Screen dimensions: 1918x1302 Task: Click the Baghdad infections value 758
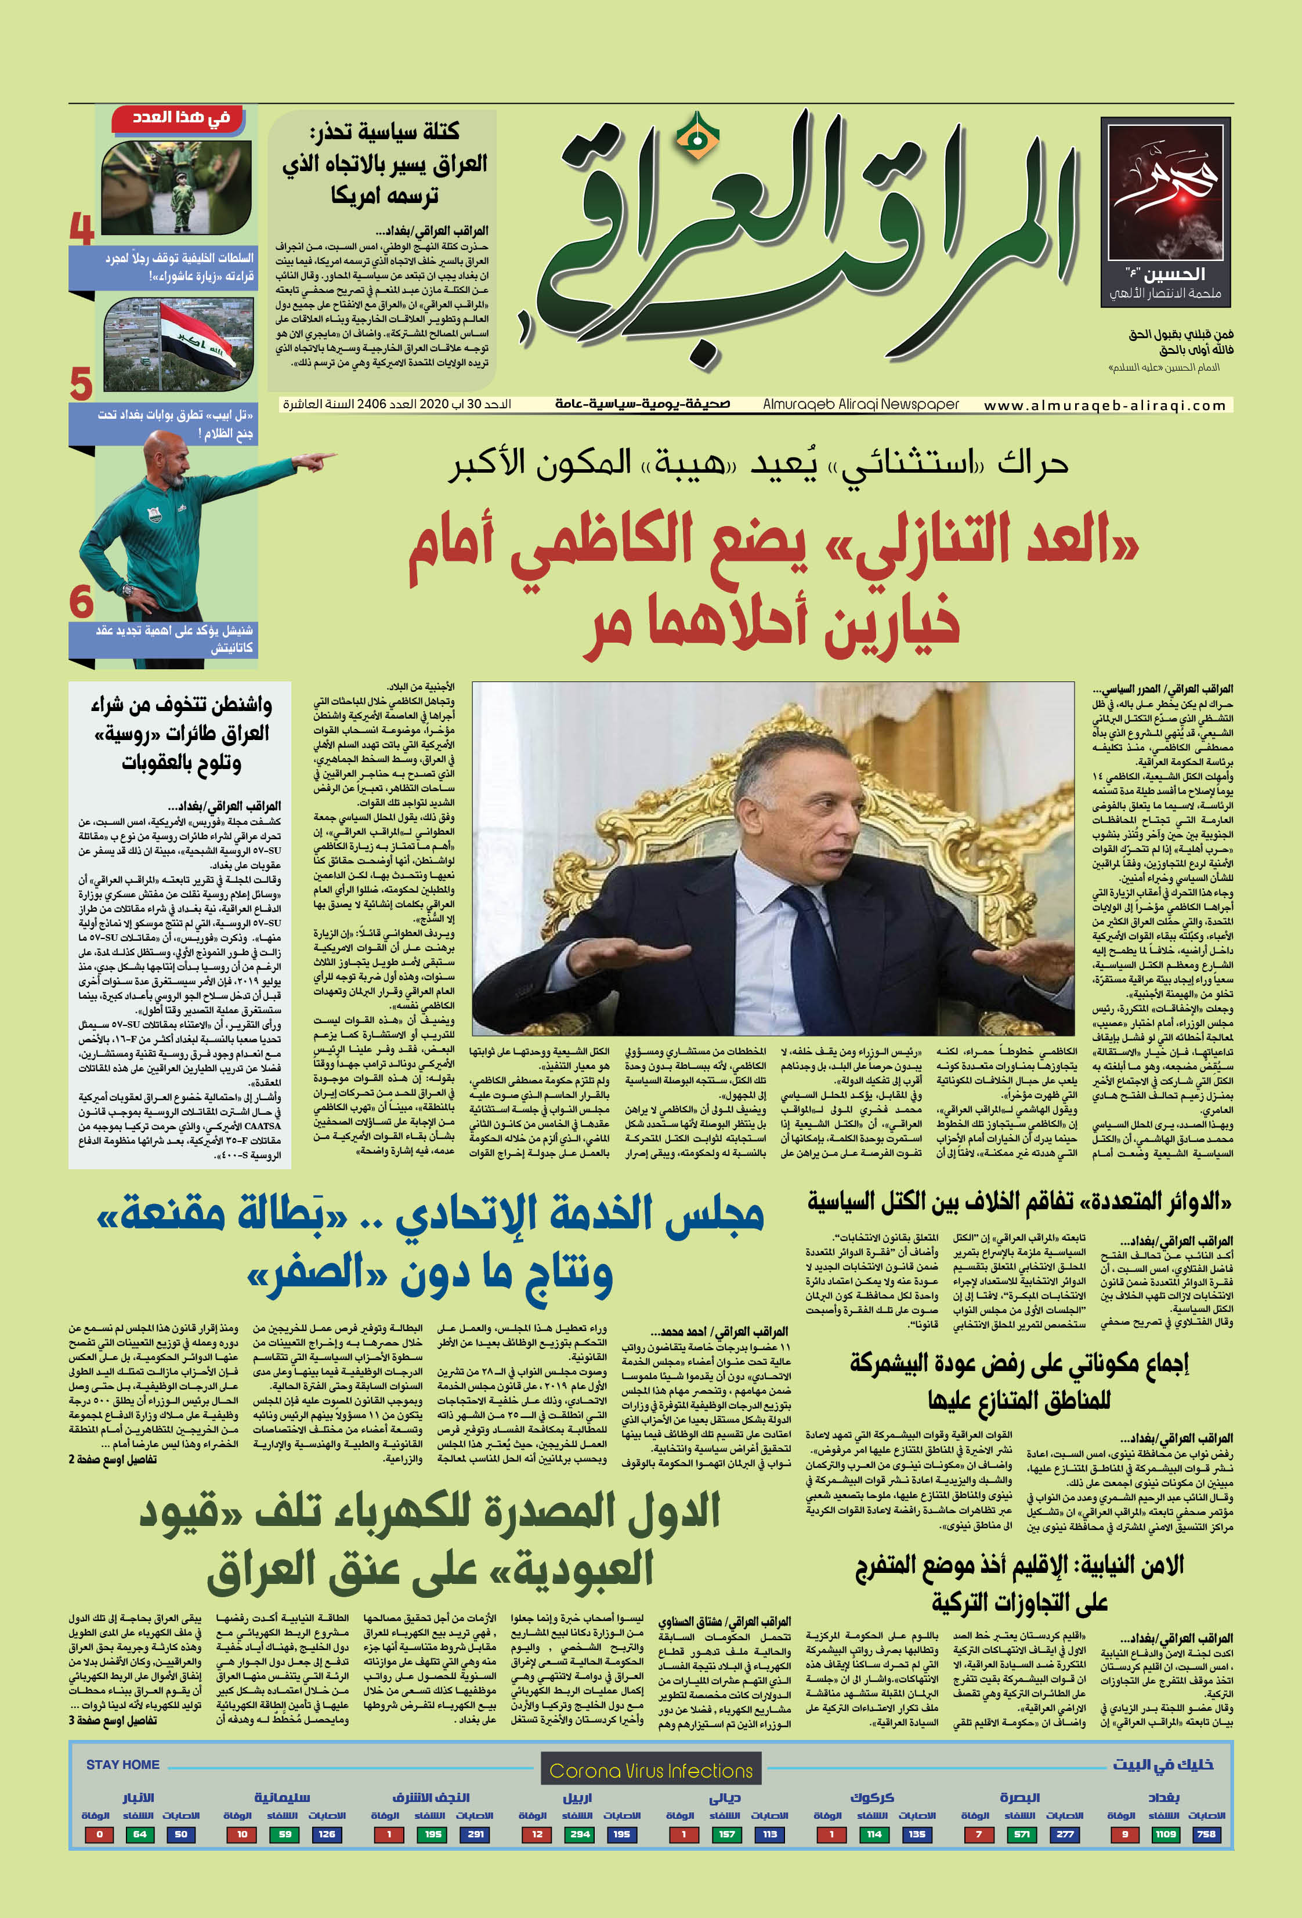click(x=1206, y=1834)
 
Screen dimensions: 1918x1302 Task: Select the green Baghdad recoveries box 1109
click(x=1165, y=1834)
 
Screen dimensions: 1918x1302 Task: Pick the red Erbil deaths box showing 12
click(x=537, y=1834)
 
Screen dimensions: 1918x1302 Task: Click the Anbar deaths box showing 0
click(x=99, y=1834)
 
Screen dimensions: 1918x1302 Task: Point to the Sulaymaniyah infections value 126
click(x=326, y=1834)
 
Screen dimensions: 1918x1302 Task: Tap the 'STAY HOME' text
click(x=122, y=1764)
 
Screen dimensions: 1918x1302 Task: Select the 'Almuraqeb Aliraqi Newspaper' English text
click(x=860, y=404)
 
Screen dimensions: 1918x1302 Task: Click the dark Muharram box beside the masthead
click(x=1165, y=211)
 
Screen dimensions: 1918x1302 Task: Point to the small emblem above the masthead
click(x=697, y=137)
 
